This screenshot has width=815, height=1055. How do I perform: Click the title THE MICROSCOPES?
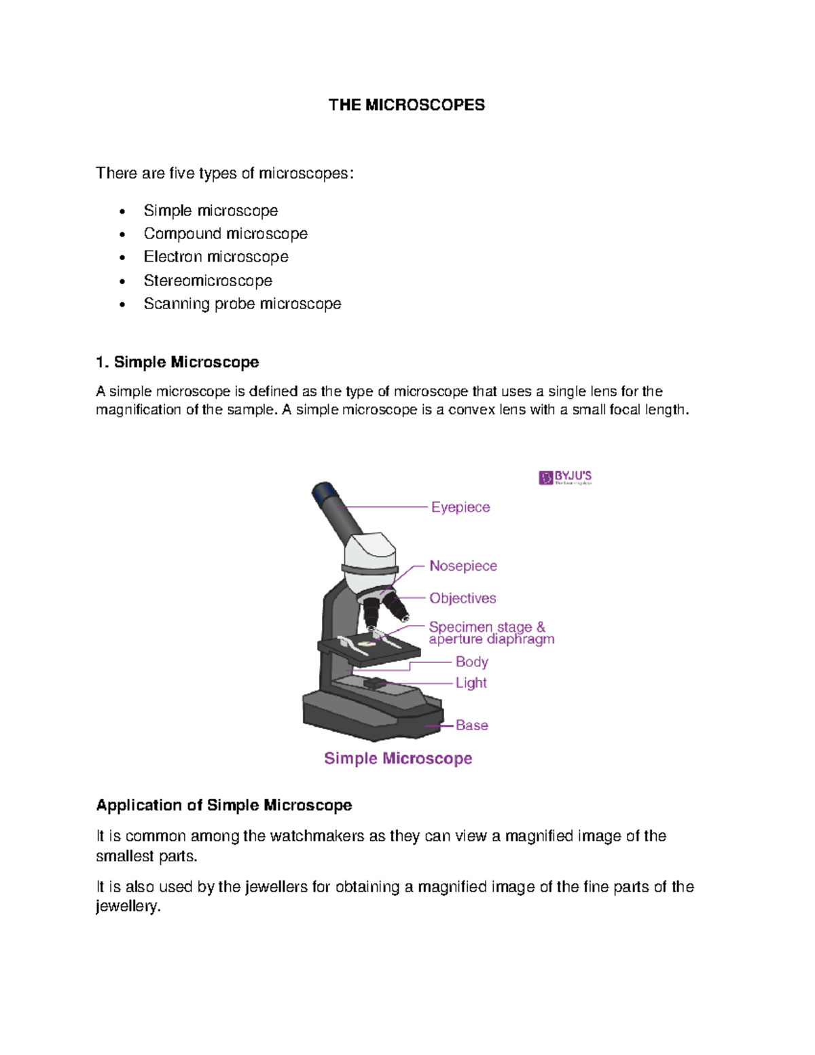point(406,105)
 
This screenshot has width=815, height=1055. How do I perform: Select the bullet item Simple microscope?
point(211,211)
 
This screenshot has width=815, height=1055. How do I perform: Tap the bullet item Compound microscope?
point(225,234)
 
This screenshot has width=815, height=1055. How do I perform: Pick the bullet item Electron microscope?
point(216,257)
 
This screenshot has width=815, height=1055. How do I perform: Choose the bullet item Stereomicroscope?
point(208,281)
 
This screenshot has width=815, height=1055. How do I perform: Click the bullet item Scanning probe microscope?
point(242,304)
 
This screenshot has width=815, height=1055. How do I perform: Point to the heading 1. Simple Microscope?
point(177,362)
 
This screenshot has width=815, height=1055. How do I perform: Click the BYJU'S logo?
point(564,478)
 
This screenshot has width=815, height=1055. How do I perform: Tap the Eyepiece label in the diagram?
point(460,507)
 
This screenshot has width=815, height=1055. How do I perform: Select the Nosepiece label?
point(463,566)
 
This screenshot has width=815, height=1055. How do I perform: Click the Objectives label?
point(463,598)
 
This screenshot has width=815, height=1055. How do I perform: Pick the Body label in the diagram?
point(471,662)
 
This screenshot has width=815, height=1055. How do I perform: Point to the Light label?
point(471,683)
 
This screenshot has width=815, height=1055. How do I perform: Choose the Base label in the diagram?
point(471,726)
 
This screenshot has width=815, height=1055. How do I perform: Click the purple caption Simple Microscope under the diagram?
point(398,758)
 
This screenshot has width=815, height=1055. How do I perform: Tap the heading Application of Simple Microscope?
point(223,805)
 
